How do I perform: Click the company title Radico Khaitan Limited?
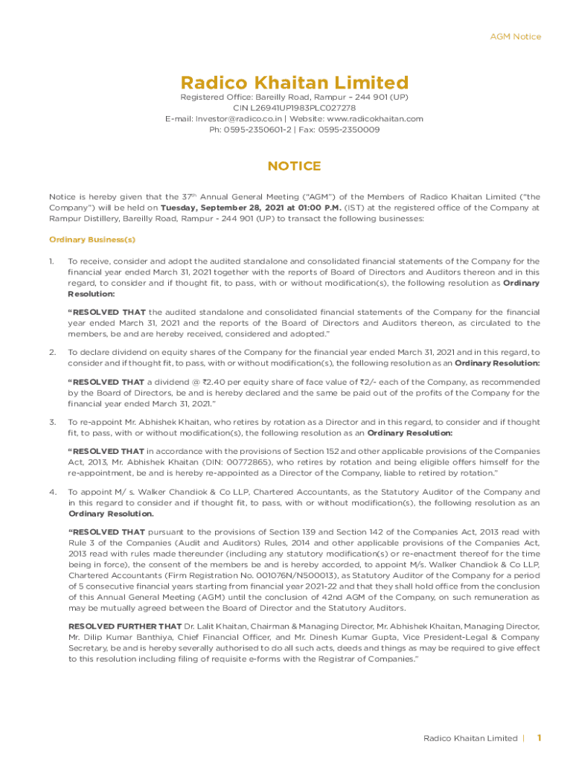click(295, 82)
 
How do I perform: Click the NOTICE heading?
click(295, 166)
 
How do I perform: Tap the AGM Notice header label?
click(516, 36)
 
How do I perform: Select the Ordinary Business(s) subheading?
click(92, 240)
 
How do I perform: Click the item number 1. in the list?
click(52, 261)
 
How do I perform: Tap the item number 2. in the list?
click(52, 352)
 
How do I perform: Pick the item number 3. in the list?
click(52, 422)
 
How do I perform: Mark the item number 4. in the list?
click(52, 492)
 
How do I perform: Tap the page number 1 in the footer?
click(539, 738)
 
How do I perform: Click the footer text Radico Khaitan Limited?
click(470, 738)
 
